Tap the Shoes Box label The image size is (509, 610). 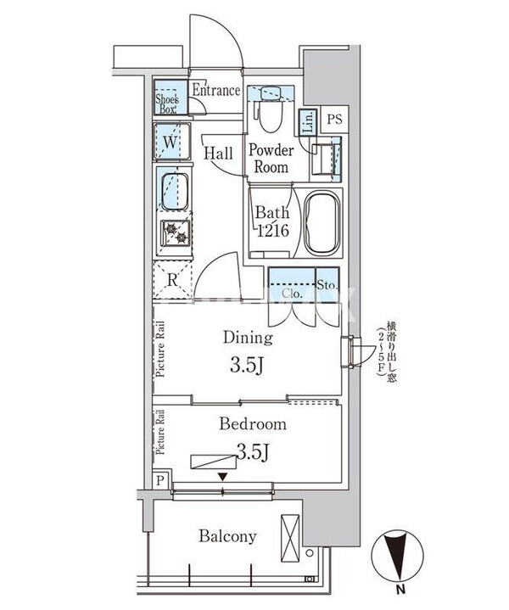pos(166,102)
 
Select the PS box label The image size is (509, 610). pos(333,119)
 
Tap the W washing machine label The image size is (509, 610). pos(170,142)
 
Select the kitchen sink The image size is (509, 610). pos(173,192)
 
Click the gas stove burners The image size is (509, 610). pos(176,234)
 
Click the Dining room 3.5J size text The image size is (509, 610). pos(248,366)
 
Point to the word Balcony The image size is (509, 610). pos(227,536)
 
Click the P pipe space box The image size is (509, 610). pos(161,479)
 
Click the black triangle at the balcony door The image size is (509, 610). pos(222,478)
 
